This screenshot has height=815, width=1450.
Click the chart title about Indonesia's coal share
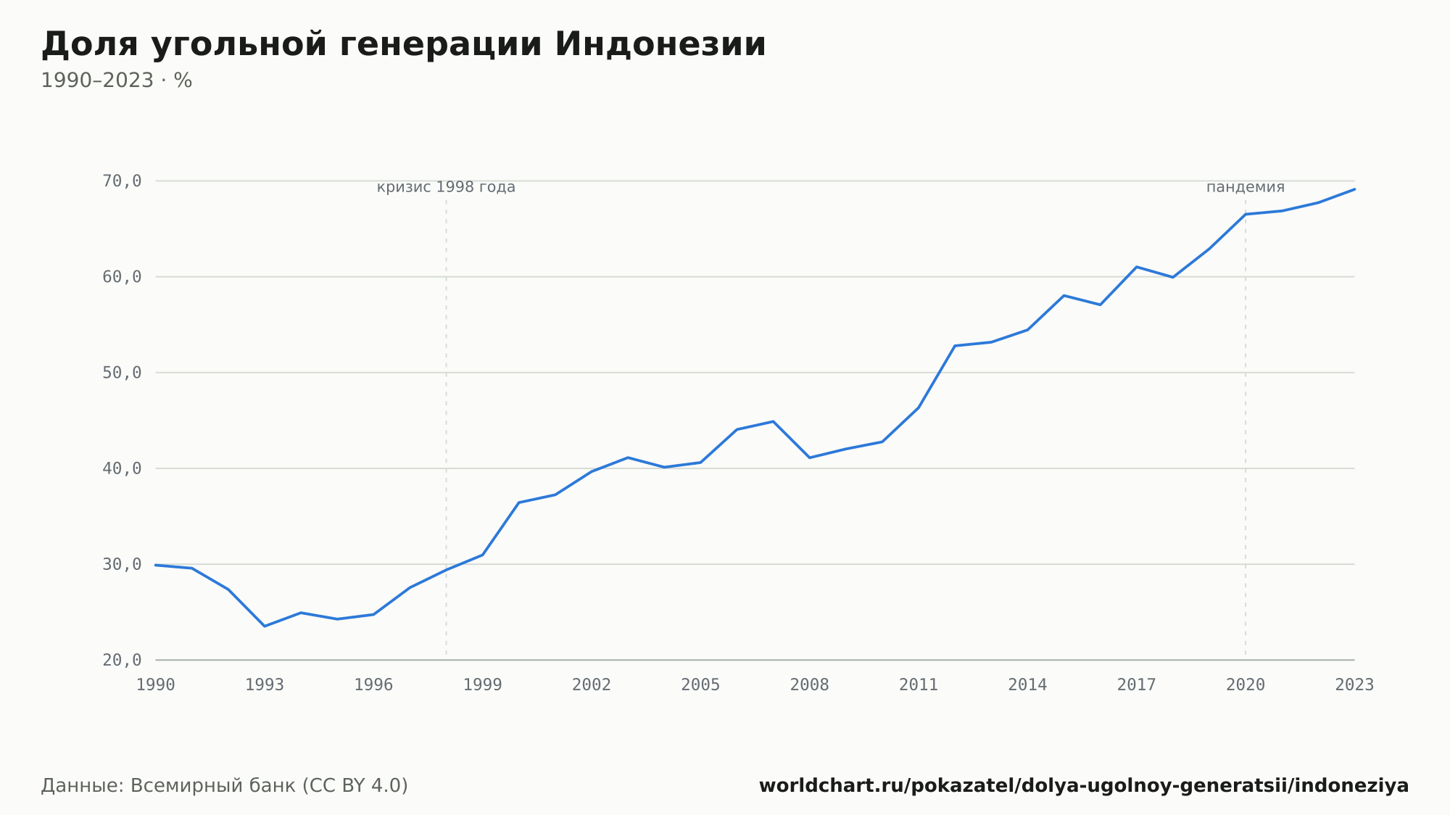(403, 45)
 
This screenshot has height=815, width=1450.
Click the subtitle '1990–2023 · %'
(116, 80)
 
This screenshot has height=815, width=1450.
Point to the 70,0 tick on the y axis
(122, 181)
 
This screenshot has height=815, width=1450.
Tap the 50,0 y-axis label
(122, 373)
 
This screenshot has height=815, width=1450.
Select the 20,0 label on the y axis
(122, 660)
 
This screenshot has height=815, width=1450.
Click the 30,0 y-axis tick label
(122, 564)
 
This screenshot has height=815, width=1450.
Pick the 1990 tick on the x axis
(156, 685)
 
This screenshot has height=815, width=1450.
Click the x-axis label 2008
(810, 685)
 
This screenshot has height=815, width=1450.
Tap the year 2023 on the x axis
(1354, 685)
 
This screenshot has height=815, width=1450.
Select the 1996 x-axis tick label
(373, 685)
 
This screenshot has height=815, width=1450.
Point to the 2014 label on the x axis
(1027, 685)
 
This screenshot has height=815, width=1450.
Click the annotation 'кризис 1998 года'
(446, 187)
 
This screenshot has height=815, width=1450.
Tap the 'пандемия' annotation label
(1246, 187)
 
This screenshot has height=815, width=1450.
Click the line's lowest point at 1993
(265, 626)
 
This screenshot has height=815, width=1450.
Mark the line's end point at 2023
(1354, 189)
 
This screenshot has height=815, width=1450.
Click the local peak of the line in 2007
(773, 421)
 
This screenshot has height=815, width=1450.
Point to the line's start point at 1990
(156, 565)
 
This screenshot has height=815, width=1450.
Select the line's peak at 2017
(1136, 267)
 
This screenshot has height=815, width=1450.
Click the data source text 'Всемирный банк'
(213, 786)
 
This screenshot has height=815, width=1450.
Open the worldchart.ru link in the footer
(1084, 786)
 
